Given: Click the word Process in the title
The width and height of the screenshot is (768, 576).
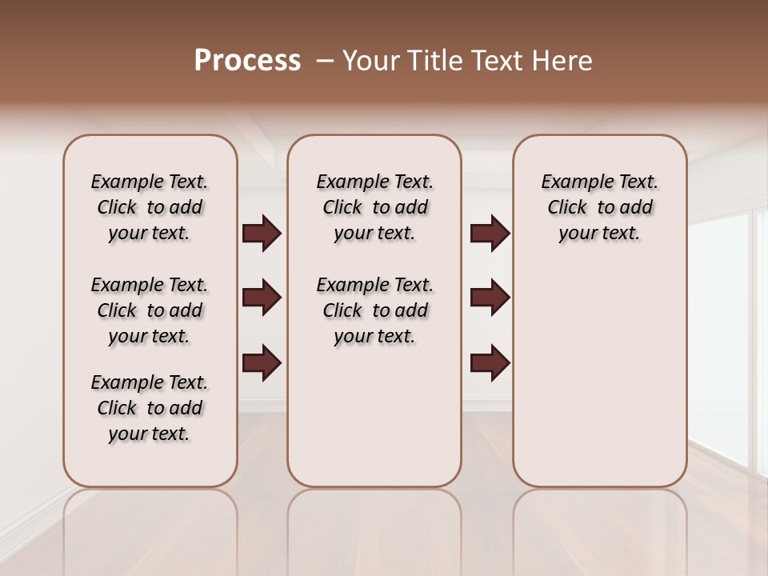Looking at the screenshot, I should coord(247,61).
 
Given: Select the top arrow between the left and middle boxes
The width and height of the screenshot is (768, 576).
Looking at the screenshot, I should coord(262,234).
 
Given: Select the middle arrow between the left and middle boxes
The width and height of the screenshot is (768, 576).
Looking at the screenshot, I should coord(262,298).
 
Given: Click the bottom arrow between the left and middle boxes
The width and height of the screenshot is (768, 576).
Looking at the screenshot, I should coord(262,362).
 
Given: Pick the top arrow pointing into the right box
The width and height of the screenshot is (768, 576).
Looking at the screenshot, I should coord(490,234).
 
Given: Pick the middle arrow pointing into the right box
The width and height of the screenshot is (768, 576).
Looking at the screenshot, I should coord(490,298).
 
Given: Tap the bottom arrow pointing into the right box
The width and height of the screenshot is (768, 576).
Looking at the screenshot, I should coord(490,362).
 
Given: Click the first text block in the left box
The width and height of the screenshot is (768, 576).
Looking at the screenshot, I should coord(150,207).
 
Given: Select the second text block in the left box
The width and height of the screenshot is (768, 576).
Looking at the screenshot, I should coord(150,310).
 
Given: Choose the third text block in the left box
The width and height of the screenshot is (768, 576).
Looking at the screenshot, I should coord(150,408).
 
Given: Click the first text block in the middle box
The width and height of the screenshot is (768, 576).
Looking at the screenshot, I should coord(374,207).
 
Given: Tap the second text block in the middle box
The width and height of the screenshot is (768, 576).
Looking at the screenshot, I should coord(374,310).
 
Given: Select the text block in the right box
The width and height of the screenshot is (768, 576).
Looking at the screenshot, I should coord(599,207).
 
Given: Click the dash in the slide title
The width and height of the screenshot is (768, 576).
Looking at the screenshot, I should coord(325,61).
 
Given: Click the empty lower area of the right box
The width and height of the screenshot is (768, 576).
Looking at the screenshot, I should coord(599,376).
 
